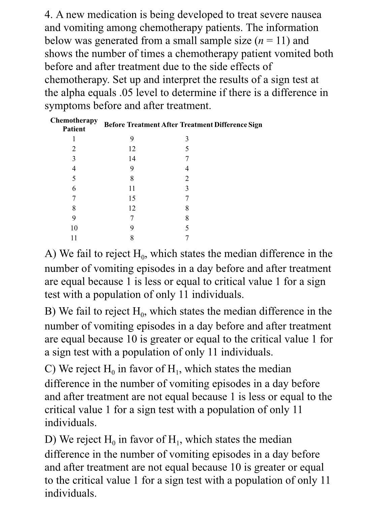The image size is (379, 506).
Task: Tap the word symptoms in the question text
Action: (x=67, y=106)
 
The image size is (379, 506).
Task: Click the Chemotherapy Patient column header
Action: (x=74, y=125)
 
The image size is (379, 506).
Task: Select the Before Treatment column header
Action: (x=132, y=125)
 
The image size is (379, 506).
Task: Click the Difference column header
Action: (x=231, y=125)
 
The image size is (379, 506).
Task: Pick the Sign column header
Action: (x=255, y=125)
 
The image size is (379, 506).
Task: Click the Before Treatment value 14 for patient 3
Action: (x=132, y=159)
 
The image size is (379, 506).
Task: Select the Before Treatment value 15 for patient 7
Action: (x=132, y=198)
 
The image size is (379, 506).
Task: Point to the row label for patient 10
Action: (x=74, y=228)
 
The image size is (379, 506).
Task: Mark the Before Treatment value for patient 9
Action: (x=132, y=218)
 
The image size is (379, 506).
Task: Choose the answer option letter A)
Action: (x=51, y=254)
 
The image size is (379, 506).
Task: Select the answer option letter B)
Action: (x=51, y=312)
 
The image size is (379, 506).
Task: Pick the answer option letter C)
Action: (x=51, y=369)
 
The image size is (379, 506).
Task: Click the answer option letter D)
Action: (x=51, y=440)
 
